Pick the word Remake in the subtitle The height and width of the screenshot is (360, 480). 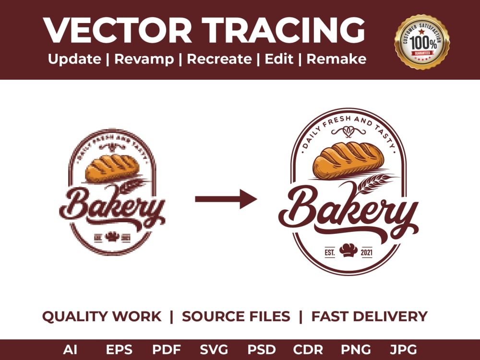coord(336,59)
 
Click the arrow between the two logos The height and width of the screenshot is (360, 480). coord(226,199)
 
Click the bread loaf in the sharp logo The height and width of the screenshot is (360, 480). coord(348,159)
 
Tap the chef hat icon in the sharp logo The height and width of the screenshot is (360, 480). coord(348,250)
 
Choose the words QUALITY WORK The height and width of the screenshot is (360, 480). coord(102,317)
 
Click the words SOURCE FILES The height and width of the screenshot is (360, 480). coord(236,317)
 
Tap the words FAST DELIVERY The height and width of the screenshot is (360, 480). coord(369,317)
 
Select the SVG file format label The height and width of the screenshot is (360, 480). coord(214,349)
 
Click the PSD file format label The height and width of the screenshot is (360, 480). coord(262,349)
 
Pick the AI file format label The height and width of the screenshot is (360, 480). coord(70,349)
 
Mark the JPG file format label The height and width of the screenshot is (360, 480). coord(404,349)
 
